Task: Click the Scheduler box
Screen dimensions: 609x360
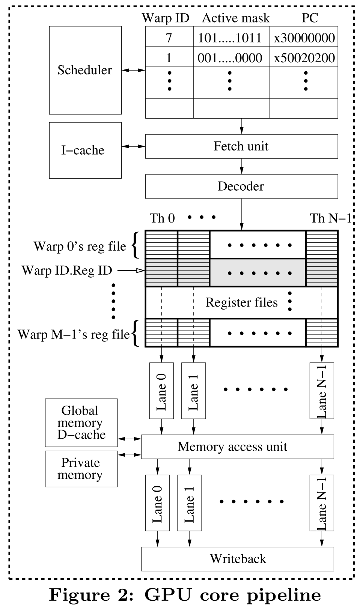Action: tap(85, 70)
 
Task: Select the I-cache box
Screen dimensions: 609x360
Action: tap(85, 150)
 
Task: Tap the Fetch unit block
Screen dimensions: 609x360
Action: tap(241, 146)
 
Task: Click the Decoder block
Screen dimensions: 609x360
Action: tap(241, 186)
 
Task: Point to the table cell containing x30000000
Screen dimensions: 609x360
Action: tap(304, 38)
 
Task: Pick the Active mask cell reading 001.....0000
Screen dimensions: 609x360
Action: tap(230, 57)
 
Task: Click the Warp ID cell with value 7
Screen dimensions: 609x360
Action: tap(169, 38)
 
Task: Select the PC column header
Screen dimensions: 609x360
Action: tap(310, 18)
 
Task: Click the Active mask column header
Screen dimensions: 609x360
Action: tap(236, 18)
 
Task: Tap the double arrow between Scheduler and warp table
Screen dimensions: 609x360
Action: tap(133, 70)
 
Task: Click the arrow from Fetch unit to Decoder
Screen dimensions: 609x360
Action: tap(241, 166)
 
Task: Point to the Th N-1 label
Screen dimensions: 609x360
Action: tap(330, 218)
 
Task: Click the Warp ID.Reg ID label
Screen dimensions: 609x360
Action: tap(67, 270)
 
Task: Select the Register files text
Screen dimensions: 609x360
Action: tap(241, 302)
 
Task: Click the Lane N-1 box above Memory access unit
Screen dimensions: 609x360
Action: tap(322, 391)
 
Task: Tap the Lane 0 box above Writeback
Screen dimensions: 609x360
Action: tap(157, 503)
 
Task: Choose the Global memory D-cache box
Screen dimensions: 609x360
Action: tap(81, 423)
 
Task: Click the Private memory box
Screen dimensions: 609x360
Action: tap(81, 469)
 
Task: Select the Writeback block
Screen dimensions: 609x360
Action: tap(237, 559)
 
